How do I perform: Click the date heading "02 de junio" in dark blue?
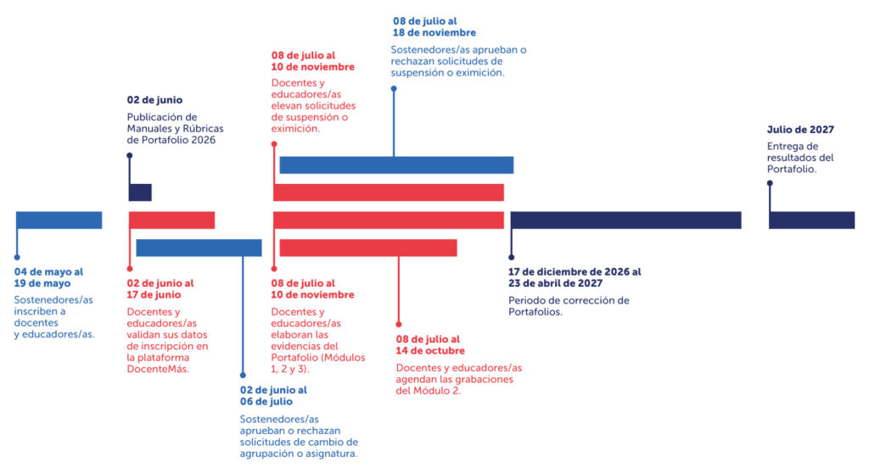pyautogui.click(x=154, y=100)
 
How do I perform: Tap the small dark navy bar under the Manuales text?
pyautogui.click(x=140, y=192)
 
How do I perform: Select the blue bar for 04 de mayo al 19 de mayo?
pyautogui.click(x=59, y=220)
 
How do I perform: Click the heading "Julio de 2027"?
pyautogui.click(x=800, y=130)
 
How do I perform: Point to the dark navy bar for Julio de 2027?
pyautogui.click(x=811, y=220)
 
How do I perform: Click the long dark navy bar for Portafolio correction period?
pyautogui.click(x=625, y=220)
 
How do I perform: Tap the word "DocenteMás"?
pyautogui.click(x=158, y=369)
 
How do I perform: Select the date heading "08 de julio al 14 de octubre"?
pyautogui.click(x=430, y=345)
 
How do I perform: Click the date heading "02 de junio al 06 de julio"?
pyautogui.click(x=273, y=396)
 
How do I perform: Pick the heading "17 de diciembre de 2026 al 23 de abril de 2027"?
pyautogui.click(x=575, y=277)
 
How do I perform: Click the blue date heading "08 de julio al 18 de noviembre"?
pyautogui.click(x=434, y=26)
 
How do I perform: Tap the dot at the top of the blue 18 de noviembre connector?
pyautogui.click(x=394, y=86)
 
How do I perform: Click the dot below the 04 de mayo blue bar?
pyautogui.click(x=16, y=256)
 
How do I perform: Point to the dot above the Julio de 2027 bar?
pyautogui.click(x=770, y=182)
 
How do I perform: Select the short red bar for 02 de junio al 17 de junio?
pyautogui.click(x=171, y=220)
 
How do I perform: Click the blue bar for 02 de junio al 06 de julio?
pyautogui.click(x=199, y=248)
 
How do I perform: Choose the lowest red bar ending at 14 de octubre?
pyautogui.click(x=367, y=248)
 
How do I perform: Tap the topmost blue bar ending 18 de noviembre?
pyautogui.click(x=396, y=165)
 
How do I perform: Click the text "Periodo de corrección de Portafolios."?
pyautogui.click(x=569, y=305)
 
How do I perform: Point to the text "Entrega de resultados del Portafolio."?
pyautogui.click(x=800, y=158)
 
